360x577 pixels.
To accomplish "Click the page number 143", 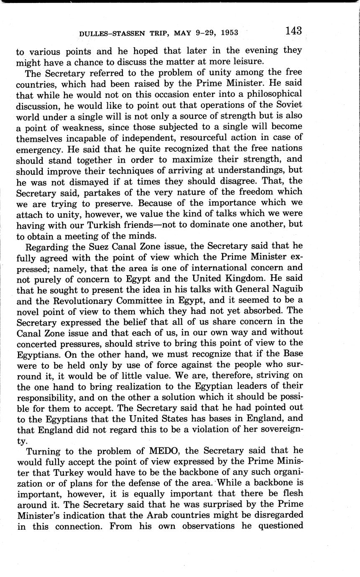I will (x=293, y=31).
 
